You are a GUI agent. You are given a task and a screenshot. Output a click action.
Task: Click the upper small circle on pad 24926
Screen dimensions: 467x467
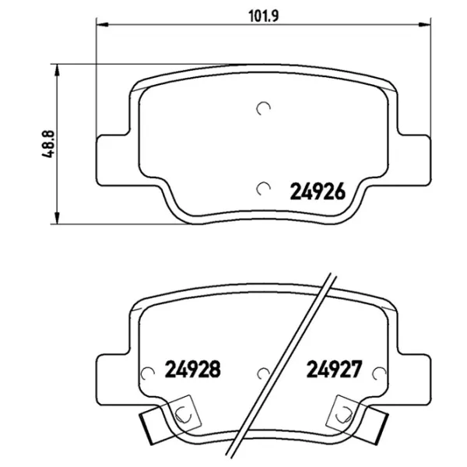tap(264, 110)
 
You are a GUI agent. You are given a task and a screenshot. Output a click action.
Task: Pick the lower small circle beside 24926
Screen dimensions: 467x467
tap(264, 188)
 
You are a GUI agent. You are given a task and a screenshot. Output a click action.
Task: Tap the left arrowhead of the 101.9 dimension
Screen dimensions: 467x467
tap(101, 25)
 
